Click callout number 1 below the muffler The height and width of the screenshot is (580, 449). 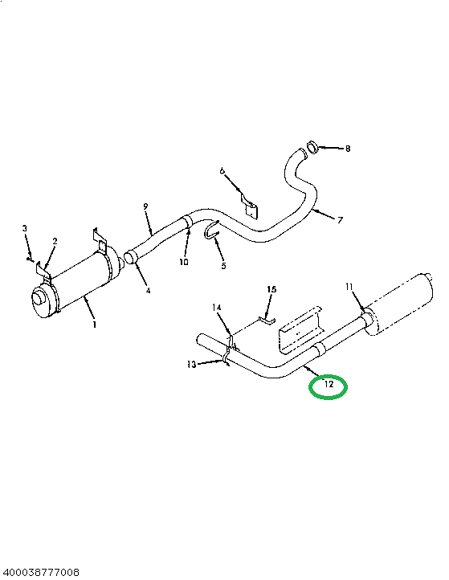point(95,325)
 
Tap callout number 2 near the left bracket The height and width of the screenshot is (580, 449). point(55,242)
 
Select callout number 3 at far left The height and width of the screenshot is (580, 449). point(25,228)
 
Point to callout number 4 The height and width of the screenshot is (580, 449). point(148,291)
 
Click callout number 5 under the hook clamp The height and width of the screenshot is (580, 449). point(223,266)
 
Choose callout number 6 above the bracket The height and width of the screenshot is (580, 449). point(222,170)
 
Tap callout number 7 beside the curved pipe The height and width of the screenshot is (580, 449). point(340,220)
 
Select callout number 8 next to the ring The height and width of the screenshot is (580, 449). point(348,149)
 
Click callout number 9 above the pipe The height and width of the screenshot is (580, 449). point(145,206)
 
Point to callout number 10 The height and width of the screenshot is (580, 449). point(184,262)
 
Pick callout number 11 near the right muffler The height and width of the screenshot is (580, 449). point(349,287)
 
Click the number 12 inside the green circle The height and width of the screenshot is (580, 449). point(329,384)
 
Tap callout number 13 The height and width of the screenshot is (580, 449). point(192,365)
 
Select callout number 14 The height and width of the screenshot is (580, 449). point(217,308)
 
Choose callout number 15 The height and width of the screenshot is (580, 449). point(271,289)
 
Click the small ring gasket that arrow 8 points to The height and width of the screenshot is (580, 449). point(313,147)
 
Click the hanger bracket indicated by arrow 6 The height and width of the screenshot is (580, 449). point(250,206)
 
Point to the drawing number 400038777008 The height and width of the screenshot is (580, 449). point(39,573)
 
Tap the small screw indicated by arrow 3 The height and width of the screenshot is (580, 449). point(29,259)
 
